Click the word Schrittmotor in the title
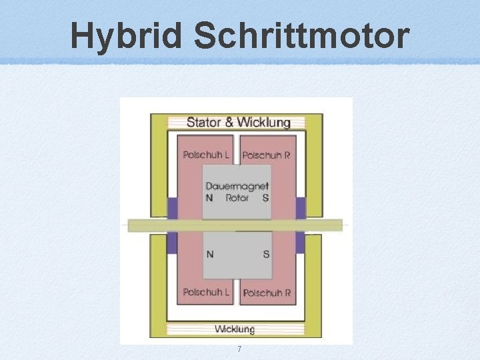tap(301, 36)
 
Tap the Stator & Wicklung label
tap(238, 122)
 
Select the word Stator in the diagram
tap(203, 122)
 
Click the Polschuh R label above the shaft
tap(266, 155)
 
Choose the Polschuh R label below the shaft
tap(266, 293)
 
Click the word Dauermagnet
tap(237, 187)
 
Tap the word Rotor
tap(237, 198)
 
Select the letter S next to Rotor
tap(266, 198)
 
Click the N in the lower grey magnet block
tap(211, 254)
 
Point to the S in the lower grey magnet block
tap(266, 254)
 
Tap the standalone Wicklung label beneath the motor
tap(234, 329)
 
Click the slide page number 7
tap(239, 350)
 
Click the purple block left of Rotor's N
tap(172, 208)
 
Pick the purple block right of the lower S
tap(300, 241)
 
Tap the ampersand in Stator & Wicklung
tap(229, 122)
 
